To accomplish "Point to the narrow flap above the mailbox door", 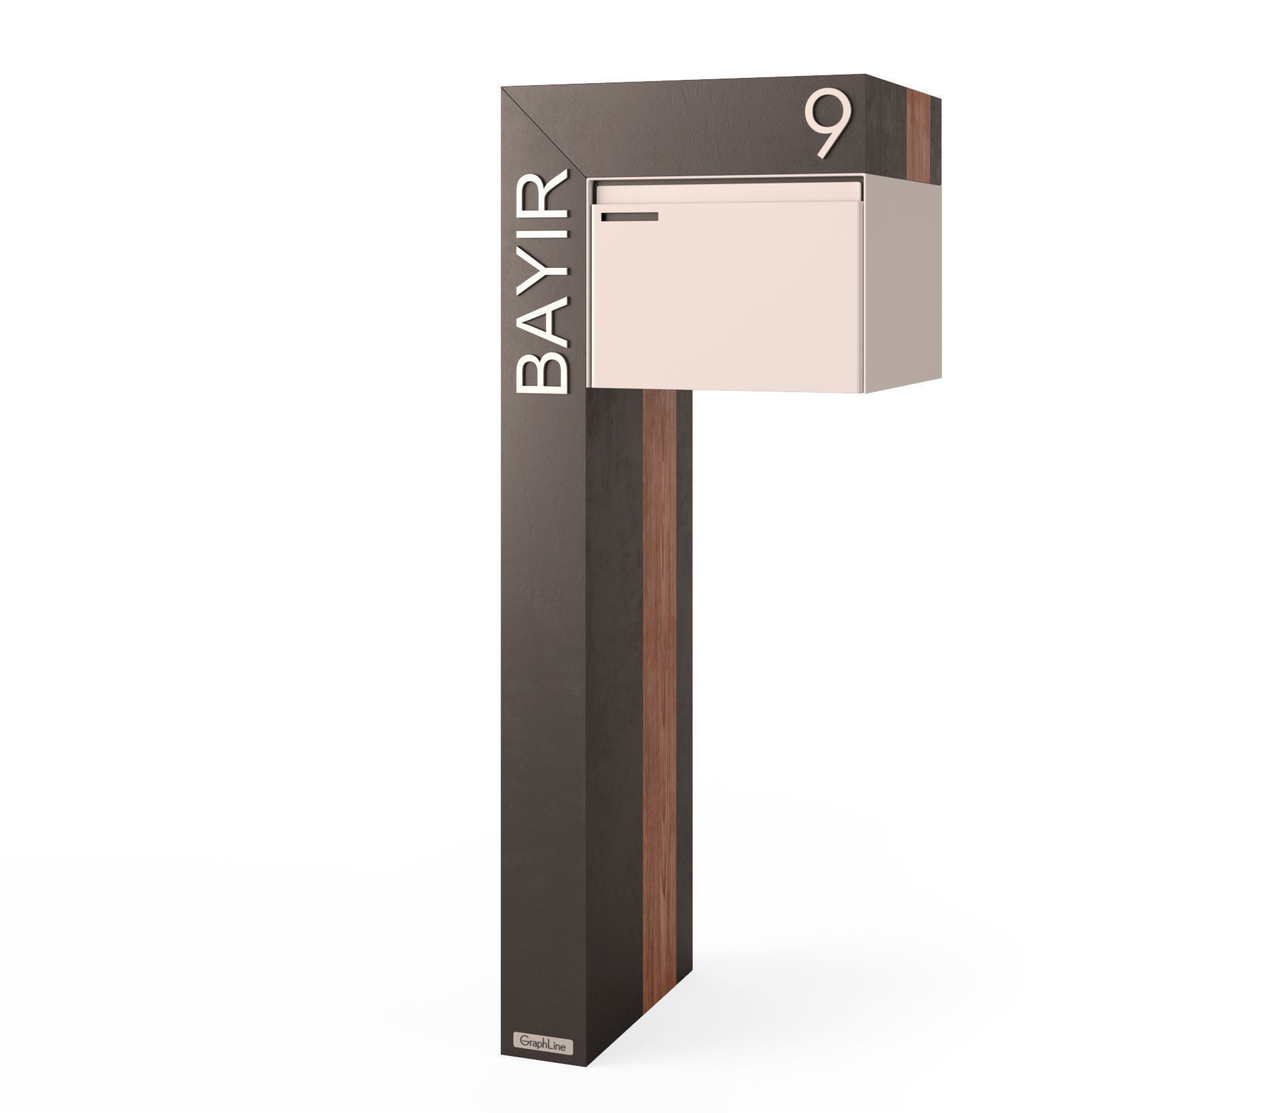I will pos(727,192).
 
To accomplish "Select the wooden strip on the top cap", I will pos(917,137).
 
